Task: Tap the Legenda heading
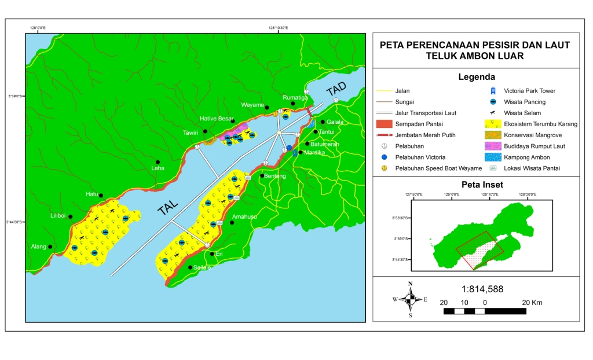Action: (x=476, y=77)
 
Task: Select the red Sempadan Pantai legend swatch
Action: (x=384, y=124)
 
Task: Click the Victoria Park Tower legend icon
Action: (x=493, y=91)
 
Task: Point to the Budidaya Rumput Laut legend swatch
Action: (x=493, y=146)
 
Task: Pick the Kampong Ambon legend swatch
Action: (x=493, y=157)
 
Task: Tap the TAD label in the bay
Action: (x=336, y=90)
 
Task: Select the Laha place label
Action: (x=158, y=168)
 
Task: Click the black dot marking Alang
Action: (x=50, y=247)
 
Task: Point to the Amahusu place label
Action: (x=242, y=217)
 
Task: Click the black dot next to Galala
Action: (x=323, y=122)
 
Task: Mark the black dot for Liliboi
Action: (x=71, y=216)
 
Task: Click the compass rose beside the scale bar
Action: (x=410, y=299)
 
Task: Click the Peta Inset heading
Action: (x=476, y=185)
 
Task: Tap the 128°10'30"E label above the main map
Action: (x=278, y=27)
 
